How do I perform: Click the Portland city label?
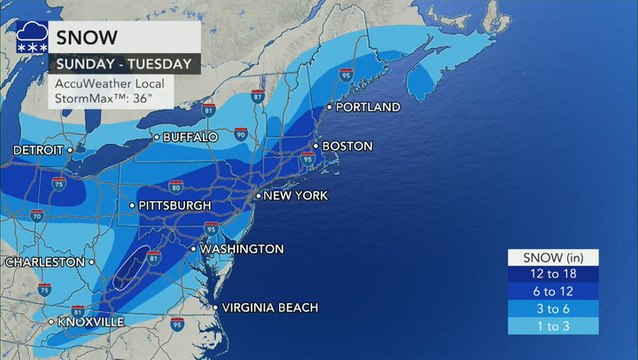point(368,107)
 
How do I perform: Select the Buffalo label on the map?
point(188,136)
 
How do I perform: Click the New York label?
point(294,196)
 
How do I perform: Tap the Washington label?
point(241,249)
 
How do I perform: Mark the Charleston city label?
point(45,262)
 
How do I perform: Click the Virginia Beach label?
point(269,307)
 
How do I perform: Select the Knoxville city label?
point(91,322)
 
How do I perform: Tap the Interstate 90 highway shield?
point(240,133)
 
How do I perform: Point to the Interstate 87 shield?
point(258,96)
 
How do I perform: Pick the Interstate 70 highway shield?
point(37,215)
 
